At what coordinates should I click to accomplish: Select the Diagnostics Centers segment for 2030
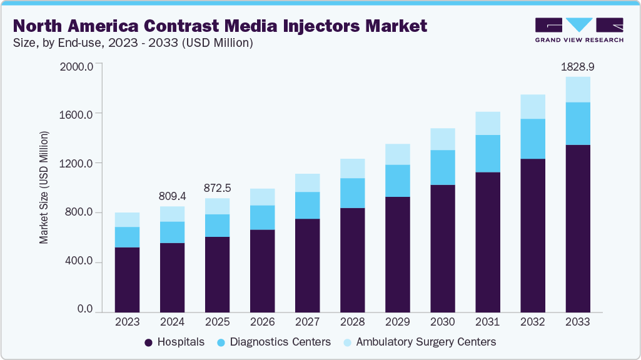pyautogui.click(x=443, y=167)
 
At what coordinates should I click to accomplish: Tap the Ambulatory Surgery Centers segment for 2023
pyautogui.click(x=127, y=219)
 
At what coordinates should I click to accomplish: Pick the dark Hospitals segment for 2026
pyautogui.click(x=262, y=270)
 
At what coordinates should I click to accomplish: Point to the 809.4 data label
pyautogui.click(x=172, y=195)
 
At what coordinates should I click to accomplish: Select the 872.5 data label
pyautogui.click(x=217, y=187)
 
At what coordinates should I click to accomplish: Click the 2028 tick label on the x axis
pyautogui.click(x=352, y=322)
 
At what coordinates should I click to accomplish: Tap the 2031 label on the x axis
pyautogui.click(x=487, y=322)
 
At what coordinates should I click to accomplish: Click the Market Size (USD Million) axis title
pyautogui.click(x=44, y=187)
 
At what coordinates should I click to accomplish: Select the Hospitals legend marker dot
pyautogui.click(x=149, y=342)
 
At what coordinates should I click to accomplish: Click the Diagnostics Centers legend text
pyautogui.click(x=280, y=342)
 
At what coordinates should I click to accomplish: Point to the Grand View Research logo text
pyautogui.click(x=579, y=40)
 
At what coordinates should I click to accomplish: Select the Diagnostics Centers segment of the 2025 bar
pyautogui.click(x=217, y=226)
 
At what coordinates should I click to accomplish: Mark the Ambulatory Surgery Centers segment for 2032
pyautogui.click(x=533, y=107)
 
